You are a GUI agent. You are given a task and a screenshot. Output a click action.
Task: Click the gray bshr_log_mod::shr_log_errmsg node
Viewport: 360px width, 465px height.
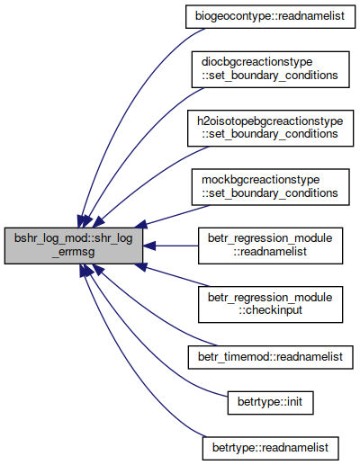pos(74,246)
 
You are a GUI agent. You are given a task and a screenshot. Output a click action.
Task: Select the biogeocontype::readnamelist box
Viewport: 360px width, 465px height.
pos(270,16)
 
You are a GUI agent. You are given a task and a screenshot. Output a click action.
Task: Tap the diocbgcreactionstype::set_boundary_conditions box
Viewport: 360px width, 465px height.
pos(270,69)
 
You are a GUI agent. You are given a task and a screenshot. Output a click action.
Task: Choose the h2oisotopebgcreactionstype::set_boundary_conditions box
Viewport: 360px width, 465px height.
pos(270,129)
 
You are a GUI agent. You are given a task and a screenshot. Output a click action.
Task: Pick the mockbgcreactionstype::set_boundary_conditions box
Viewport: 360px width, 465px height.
pos(270,187)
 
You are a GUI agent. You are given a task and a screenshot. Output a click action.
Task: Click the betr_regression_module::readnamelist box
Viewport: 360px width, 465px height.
pos(270,246)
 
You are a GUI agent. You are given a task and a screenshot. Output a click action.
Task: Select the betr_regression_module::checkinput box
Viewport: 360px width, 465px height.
pos(270,305)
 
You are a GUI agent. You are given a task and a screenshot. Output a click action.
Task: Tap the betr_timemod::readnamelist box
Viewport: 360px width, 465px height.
pos(270,357)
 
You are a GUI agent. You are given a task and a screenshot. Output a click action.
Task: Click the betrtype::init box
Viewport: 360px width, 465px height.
pos(270,403)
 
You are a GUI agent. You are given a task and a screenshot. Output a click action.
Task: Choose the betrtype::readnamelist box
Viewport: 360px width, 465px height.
pos(270,448)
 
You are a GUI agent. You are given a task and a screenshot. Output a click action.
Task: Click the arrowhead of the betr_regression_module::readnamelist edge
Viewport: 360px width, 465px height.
pos(149,246)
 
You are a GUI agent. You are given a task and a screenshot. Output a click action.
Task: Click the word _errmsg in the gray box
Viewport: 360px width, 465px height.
pos(74,252)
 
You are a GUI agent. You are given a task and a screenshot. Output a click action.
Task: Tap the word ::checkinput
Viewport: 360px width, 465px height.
pos(270,310)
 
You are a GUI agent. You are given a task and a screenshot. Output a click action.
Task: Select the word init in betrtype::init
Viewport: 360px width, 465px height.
pos(295,402)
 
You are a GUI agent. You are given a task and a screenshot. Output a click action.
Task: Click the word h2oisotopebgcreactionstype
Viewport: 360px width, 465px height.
pos(270,121)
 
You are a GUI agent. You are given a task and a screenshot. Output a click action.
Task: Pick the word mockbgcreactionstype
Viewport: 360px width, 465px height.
pos(260,180)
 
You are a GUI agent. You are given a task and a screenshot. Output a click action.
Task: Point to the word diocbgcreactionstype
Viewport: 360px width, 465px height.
pos(257,63)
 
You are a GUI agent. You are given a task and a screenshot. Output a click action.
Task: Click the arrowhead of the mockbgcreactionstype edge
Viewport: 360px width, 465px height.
pos(140,224)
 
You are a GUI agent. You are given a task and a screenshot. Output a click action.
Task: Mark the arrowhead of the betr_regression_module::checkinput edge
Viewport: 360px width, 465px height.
pos(140,267)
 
